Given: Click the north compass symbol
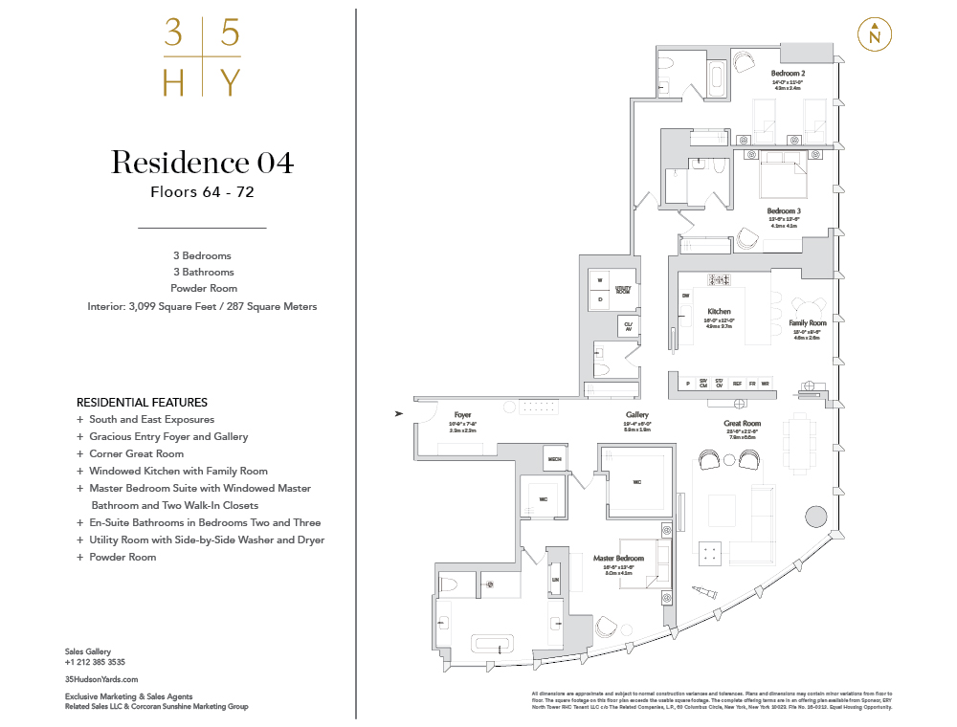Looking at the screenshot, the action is pyautogui.click(x=874, y=35).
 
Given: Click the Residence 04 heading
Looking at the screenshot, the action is pyautogui.click(x=202, y=162).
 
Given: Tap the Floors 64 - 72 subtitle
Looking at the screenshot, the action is pyautogui.click(x=202, y=191).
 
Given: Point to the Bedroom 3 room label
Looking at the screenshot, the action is pyautogui.click(x=783, y=210).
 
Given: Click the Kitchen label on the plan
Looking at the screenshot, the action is pyautogui.click(x=719, y=312).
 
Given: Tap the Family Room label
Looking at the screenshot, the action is pyautogui.click(x=807, y=323).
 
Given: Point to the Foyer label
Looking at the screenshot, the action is pyautogui.click(x=462, y=414).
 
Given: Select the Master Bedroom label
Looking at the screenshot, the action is pyautogui.click(x=617, y=558).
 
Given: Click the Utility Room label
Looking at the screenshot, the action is pyautogui.click(x=624, y=288).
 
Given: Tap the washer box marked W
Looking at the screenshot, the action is pyautogui.click(x=601, y=280).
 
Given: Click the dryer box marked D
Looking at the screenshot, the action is pyautogui.click(x=601, y=298).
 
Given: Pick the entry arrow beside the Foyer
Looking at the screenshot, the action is pyautogui.click(x=398, y=414).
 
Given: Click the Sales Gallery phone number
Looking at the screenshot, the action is pyautogui.click(x=95, y=662).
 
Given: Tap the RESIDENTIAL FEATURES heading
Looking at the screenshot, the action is pyautogui.click(x=142, y=403).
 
